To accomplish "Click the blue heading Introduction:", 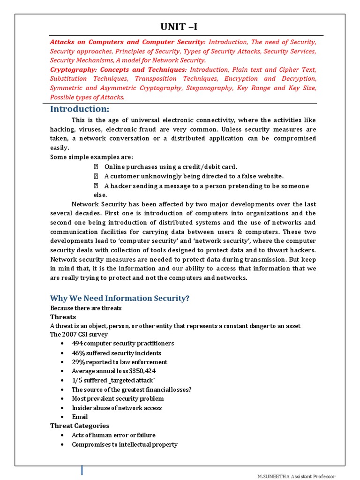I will pos(80,109).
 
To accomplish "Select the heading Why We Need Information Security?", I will pos(120,298).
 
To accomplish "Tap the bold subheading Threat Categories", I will pos(80,426).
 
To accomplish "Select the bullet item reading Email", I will pos(80,417).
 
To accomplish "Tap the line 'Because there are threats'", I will pos(86,308).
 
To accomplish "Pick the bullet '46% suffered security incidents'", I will pos(116,353).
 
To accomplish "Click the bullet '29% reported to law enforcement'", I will pos(119,362).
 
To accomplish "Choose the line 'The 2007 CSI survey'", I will pos(79,335).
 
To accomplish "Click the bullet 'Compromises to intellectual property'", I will pos(124,444).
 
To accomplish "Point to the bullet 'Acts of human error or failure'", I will pos(113,435).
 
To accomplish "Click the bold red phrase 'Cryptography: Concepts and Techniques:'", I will pos(118,69).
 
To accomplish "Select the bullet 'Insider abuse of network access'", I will pos(116,408).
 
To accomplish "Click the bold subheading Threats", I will pos(63,317).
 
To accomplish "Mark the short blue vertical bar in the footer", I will pos(82,470).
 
